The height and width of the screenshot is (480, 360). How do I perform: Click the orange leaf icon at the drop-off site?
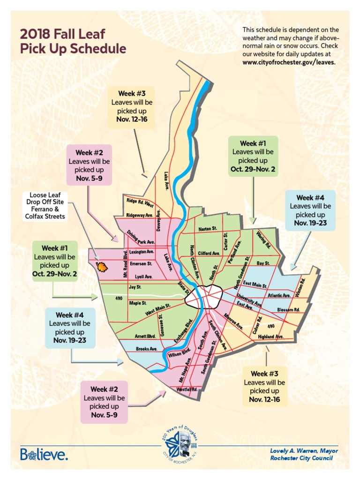[x=101, y=267]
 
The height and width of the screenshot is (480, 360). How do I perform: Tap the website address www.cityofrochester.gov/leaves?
[x=289, y=62]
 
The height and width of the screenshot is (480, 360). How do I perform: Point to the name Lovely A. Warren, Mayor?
[x=304, y=450]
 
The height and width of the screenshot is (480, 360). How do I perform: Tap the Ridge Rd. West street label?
[x=140, y=202]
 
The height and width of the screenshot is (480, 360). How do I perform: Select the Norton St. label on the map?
[x=208, y=229]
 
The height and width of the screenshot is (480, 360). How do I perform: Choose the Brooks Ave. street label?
[x=146, y=349]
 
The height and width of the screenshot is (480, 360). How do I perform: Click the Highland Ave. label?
[x=271, y=337]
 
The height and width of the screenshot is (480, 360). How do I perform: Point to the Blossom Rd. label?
[x=288, y=310]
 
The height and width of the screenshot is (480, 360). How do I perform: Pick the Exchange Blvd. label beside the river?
[x=184, y=331]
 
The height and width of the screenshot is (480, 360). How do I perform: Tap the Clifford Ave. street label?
[x=209, y=253]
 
